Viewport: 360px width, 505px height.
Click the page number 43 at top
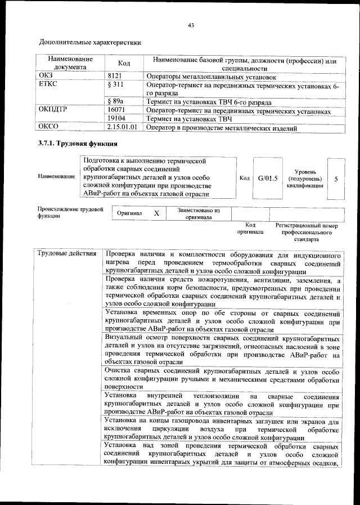click(x=191, y=25)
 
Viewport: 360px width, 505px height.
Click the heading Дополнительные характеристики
click(x=89, y=42)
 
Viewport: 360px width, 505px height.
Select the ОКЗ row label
click(x=44, y=75)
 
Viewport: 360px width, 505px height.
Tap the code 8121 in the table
click(x=115, y=75)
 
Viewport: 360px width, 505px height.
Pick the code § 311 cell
click(x=115, y=84)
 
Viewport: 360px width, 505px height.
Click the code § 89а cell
click(x=115, y=102)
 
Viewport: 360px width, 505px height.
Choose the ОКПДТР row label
click(x=52, y=110)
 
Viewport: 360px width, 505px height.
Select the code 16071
click(x=116, y=110)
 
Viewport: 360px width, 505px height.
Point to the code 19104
click(x=116, y=119)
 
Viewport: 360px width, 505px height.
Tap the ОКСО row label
click(x=46, y=128)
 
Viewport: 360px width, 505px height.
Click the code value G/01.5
click(x=268, y=178)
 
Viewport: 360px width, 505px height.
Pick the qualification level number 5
click(x=336, y=178)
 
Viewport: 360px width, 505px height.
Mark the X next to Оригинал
click(x=157, y=214)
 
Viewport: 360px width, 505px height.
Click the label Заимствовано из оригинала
click(x=197, y=213)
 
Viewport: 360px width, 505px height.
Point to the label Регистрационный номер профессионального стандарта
click(x=306, y=231)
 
